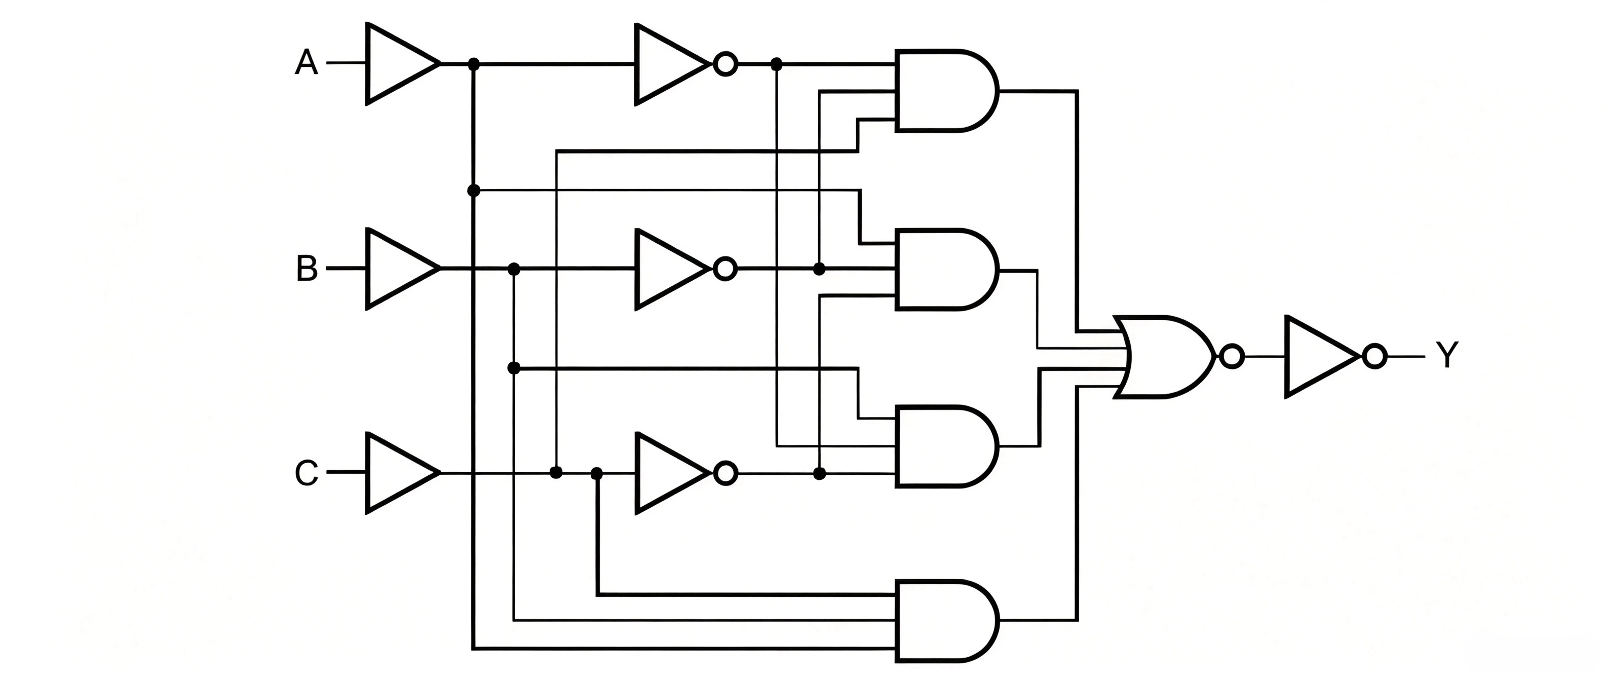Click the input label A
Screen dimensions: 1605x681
point(306,63)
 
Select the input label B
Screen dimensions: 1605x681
point(307,269)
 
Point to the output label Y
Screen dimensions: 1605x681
point(1447,356)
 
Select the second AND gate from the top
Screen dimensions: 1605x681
point(946,269)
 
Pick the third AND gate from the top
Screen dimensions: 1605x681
point(946,446)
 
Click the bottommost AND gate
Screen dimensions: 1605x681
point(946,621)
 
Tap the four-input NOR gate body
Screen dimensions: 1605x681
point(1165,356)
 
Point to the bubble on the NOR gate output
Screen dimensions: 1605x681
point(1231,356)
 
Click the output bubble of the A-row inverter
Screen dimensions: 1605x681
point(726,63)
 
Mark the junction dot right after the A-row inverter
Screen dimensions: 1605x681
point(776,63)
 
